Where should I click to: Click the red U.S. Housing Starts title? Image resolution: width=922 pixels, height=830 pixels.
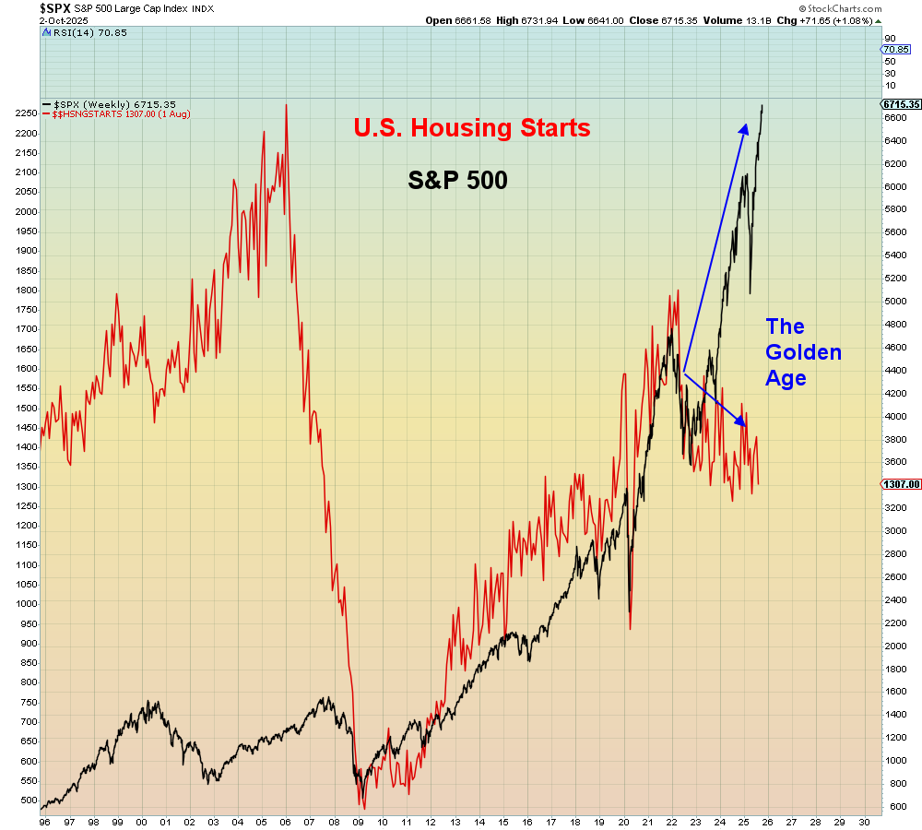pyautogui.click(x=471, y=127)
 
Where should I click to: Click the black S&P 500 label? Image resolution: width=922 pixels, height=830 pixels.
pyautogui.click(x=457, y=181)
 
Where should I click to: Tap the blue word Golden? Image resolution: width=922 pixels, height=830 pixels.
pyautogui.click(x=803, y=352)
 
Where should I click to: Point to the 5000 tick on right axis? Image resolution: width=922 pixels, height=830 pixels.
pyautogui.click(x=895, y=302)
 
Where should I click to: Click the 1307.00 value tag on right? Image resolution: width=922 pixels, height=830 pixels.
pyautogui.click(x=900, y=484)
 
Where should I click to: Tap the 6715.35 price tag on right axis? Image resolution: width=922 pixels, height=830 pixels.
pyautogui.click(x=900, y=104)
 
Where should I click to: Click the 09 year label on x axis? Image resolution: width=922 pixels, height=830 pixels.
pyautogui.click(x=357, y=821)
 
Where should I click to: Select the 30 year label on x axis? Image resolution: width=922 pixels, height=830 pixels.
pyautogui.click(x=863, y=821)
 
